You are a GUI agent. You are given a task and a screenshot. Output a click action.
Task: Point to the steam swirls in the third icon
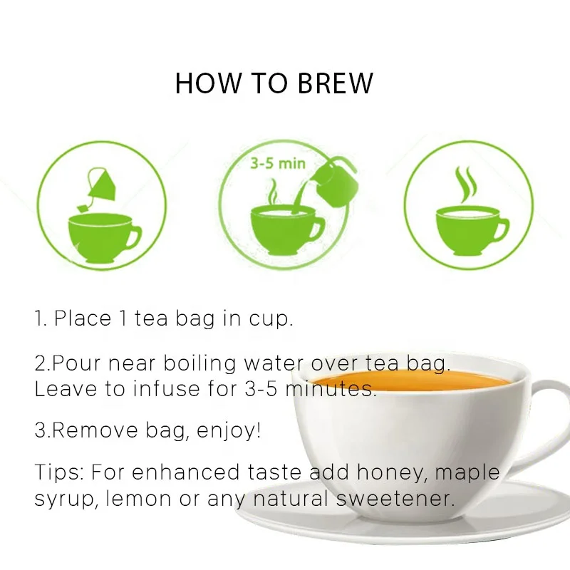[466, 185]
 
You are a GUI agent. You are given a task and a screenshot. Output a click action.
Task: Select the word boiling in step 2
[199, 363]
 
